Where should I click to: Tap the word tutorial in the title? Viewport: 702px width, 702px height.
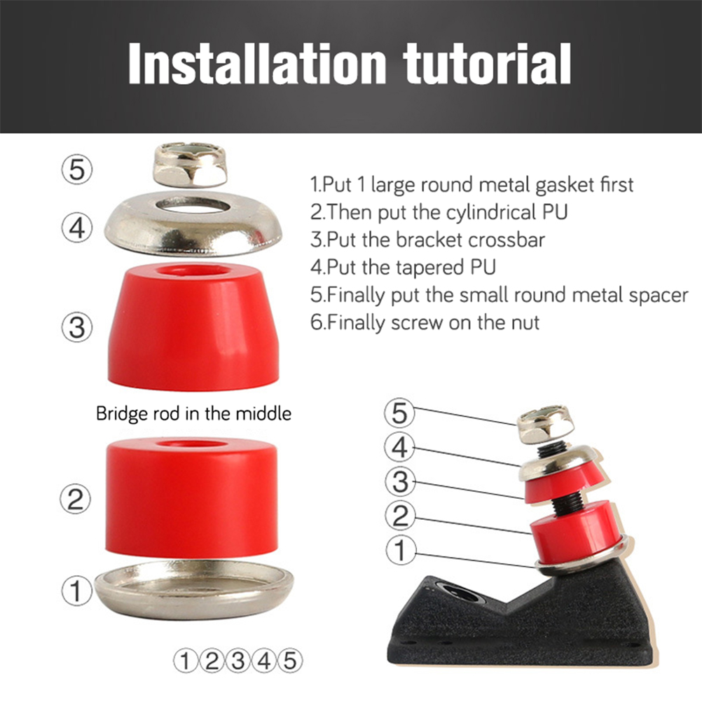[x=487, y=63]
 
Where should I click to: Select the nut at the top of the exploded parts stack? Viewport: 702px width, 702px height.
[x=191, y=165]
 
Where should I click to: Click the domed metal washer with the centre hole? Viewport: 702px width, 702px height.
[x=193, y=224]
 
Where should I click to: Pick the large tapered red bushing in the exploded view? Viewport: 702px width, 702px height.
[x=193, y=327]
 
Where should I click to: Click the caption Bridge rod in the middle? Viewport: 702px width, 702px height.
[x=193, y=413]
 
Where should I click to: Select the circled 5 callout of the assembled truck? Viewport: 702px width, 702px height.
[x=399, y=413]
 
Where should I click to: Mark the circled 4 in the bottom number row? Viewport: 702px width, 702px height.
[x=264, y=661]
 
